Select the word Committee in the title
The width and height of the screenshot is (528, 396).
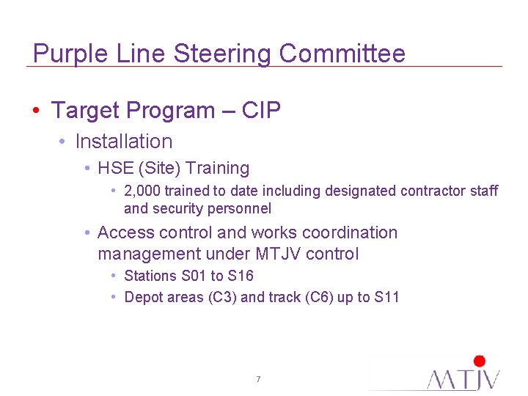pyautogui.click(x=342, y=54)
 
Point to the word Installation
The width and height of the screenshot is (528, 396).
pyautogui.click(x=124, y=142)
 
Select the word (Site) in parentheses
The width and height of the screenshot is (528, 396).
pyautogui.click(x=159, y=169)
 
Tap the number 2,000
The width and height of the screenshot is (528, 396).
pyautogui.click(x=143, y=191)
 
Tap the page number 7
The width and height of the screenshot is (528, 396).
pyautogui.click(x=258, y=379)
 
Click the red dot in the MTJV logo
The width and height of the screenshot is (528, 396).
pyautogui.click(x=480, y=361)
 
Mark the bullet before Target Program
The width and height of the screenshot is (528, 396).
pyautogui.click(x=35, y=111)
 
